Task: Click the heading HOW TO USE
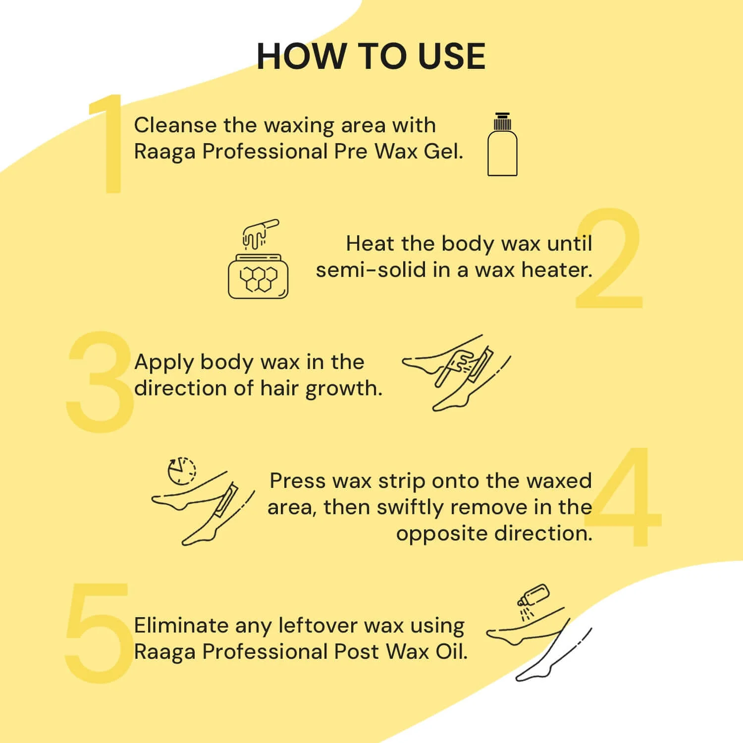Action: click(x=371, y=56)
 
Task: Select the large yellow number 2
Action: click(x=610, y=259)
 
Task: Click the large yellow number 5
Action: click(x=99, y=633)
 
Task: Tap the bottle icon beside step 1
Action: click(x=502, y=144)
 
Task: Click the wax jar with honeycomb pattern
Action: click(x=258, y=276)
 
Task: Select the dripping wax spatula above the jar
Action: click(x=260, y=234)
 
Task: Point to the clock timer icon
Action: click(x=181, y=471)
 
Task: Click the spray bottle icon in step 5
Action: click(x=532, y=600)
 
